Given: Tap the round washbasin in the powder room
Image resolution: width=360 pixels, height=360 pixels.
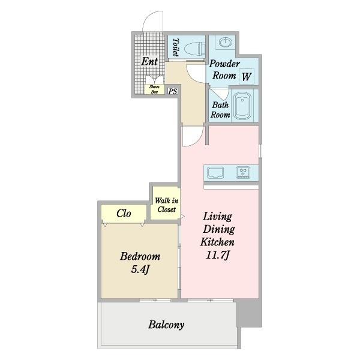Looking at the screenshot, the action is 225,42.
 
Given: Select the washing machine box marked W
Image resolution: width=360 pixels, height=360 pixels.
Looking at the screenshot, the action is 247,76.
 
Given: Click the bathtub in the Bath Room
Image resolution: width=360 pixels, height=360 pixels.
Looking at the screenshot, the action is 242,105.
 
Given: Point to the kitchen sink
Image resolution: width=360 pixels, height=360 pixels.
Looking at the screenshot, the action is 215,173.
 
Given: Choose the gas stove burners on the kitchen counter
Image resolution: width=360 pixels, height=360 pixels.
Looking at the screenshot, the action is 243,172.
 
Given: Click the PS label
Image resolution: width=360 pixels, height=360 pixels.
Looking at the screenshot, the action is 173,91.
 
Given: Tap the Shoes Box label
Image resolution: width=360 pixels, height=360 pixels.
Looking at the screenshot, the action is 154,89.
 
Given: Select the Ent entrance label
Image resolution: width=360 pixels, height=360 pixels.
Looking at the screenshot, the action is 149,61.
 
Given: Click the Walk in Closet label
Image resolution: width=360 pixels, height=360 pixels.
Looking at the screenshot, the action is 166,205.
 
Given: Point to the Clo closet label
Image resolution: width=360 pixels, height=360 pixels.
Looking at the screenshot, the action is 124,213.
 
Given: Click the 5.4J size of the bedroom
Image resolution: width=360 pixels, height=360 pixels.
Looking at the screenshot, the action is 140,269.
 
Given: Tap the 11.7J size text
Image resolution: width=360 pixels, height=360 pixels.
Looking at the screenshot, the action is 217,255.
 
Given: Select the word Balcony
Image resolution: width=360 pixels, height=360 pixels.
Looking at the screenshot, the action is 166,325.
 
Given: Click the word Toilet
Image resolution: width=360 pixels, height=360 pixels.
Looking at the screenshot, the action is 176,47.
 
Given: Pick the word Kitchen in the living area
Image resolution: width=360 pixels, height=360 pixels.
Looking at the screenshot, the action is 217,242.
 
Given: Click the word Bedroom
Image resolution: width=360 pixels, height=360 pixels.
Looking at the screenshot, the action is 140,256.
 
